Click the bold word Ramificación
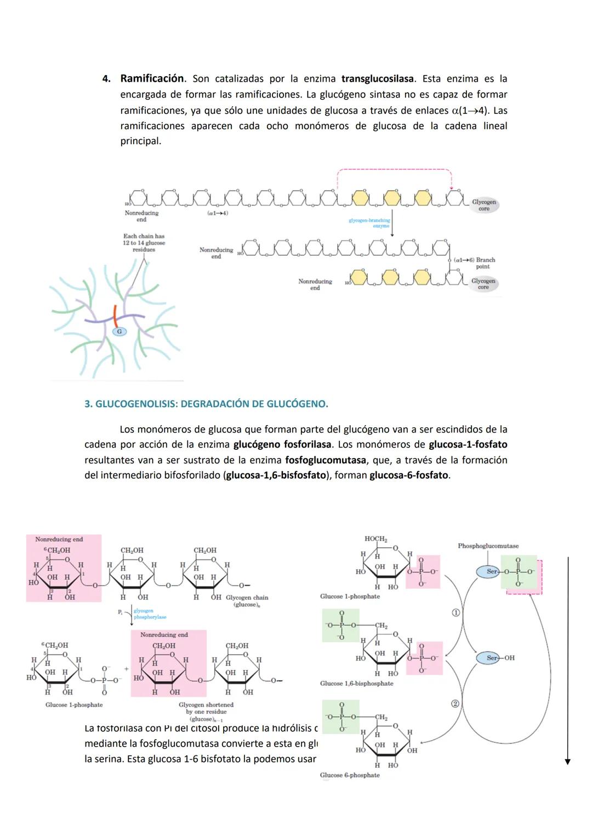point(152,79)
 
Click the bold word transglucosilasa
point(377,79)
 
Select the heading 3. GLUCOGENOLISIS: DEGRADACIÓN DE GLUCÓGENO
point(206,404)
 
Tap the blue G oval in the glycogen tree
point(119,331)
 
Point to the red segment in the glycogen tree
point(115,317)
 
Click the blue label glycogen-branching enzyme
point(369,223)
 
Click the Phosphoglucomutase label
point(488,546)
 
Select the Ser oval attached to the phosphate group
point(491,571)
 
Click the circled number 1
point(455,612)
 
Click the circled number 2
point(455,704)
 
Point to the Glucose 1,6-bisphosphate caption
point(357,684)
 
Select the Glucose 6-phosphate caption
point(350,775)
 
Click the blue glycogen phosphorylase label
point(150,614)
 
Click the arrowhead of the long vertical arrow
point(568,761)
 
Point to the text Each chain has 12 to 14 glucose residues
point(144,243)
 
